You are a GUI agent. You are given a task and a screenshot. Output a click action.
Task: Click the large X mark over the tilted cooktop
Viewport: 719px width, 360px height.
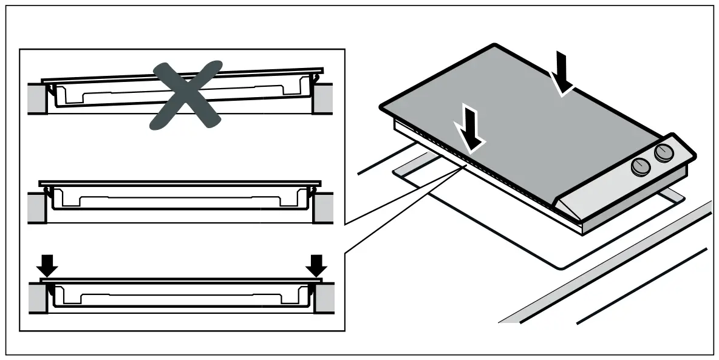click(185, 95)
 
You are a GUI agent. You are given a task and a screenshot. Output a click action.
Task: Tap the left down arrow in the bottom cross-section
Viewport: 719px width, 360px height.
click(48, 265)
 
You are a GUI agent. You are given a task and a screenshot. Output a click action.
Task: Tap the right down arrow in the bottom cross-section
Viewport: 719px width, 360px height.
click(316, 265)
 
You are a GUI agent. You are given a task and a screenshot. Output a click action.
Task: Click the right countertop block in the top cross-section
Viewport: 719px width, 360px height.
click(323, 98)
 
